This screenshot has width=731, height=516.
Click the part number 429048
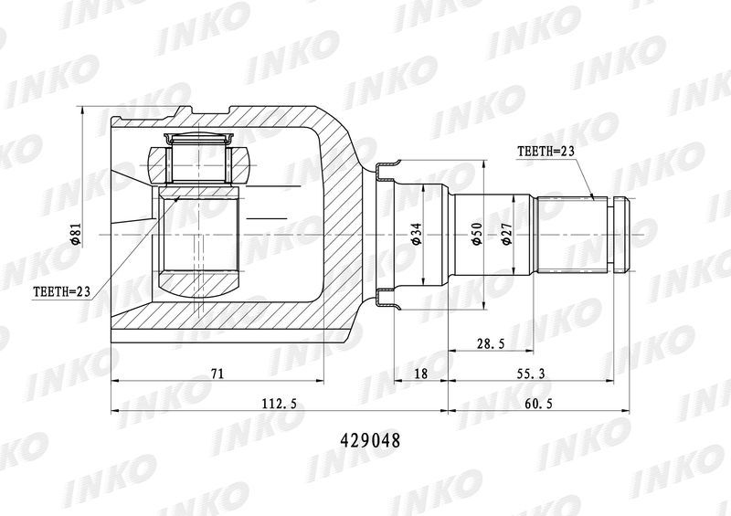(x=370, y=440)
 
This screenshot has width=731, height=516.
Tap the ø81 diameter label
(x=77, y=234)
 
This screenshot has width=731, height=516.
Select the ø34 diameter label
(x=417, y=234)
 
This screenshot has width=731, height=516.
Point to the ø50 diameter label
(x=476, y=234)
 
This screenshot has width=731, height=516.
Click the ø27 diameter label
(x=506, y=234)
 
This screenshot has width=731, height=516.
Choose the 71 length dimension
(x=217, y=374)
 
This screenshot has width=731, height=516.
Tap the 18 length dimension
(x=420, y=374)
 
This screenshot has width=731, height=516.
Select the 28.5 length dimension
(x=491, y=344)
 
